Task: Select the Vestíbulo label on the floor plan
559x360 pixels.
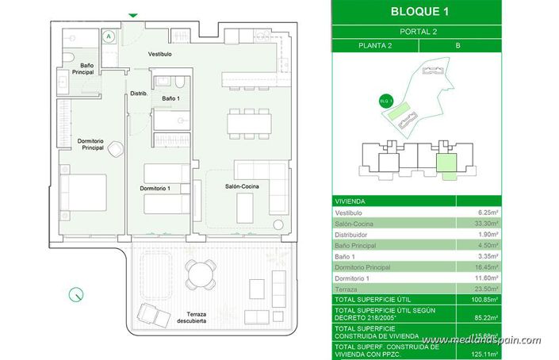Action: [x=159, y=54]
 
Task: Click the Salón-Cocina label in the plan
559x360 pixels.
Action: [x=244, y=186]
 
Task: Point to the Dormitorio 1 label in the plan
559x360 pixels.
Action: [x=155, y=188]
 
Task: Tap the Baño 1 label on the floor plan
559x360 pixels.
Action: [x=171, y=98]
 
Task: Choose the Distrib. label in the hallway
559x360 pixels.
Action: [x=140, y=94]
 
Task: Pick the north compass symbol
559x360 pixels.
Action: [x=76, y=294]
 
